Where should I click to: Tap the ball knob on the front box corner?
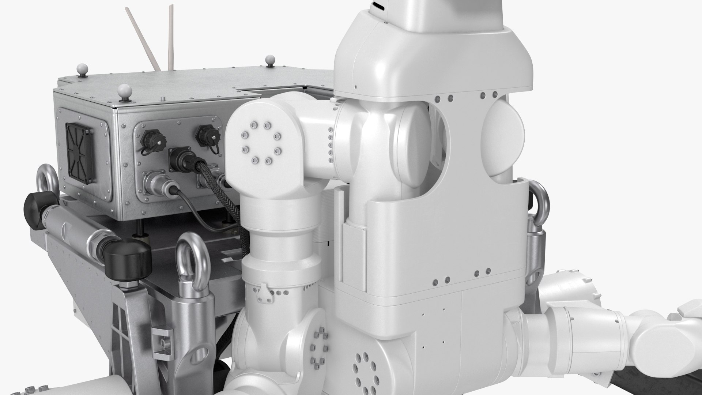click(x=125, y=90)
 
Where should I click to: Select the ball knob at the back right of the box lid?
click(x=270, y=59)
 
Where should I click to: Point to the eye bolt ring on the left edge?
click(x=48, y=187)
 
